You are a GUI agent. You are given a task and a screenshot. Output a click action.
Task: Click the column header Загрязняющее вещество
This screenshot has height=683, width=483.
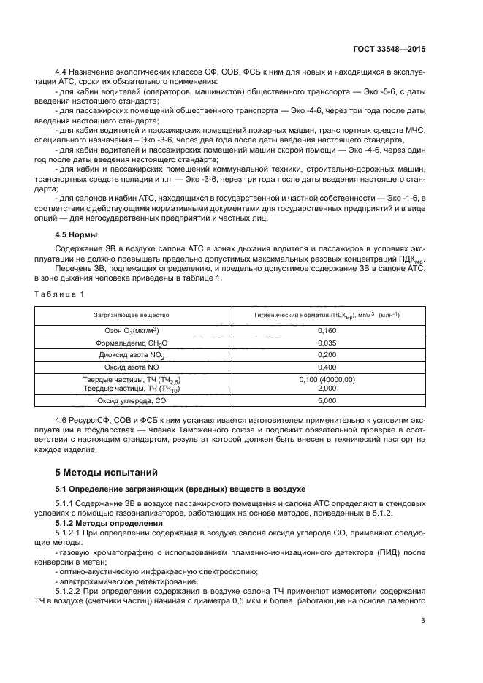132,315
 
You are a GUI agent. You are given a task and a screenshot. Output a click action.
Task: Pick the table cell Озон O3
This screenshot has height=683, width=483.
132,331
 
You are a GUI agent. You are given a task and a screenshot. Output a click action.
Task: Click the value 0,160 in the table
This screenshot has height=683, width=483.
327,331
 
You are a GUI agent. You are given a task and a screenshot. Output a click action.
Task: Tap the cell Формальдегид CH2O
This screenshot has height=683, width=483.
132,343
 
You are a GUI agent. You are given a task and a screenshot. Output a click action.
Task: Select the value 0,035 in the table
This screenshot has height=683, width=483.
327,343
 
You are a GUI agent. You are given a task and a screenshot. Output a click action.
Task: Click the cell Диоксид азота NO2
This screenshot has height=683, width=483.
132,355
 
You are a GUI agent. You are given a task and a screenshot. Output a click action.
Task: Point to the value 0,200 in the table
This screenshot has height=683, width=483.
327,355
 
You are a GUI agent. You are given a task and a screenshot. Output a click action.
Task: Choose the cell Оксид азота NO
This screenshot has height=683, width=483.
132,367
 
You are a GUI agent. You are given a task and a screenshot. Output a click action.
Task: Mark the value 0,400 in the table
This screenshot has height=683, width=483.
327,367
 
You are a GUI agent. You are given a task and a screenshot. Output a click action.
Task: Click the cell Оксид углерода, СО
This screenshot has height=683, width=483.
132,401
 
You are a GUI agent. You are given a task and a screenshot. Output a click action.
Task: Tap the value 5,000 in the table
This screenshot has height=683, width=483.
327,401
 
